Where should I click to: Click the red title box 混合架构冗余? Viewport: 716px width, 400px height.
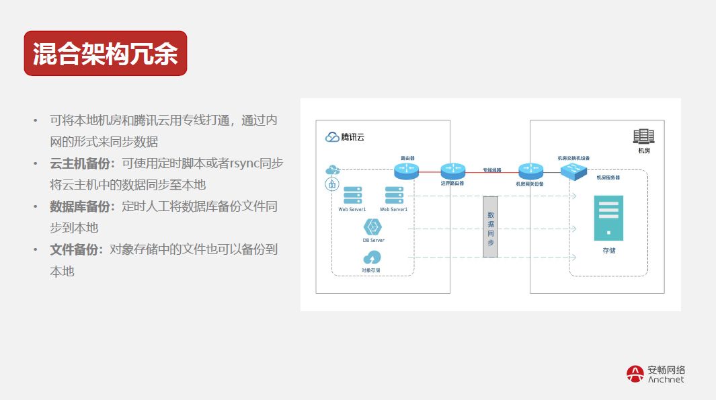click(x=106, y=54)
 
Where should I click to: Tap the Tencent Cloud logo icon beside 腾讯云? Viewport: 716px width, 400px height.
click(x=332, y=137)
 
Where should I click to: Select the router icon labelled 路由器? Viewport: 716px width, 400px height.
click(x=407, y=171)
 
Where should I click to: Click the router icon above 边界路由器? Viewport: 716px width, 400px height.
click(x=452, y=171)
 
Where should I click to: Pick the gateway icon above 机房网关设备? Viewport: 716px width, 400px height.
click(x=530, y=171)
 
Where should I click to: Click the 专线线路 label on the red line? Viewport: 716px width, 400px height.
click(x=491, y=170)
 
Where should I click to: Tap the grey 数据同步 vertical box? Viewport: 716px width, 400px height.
click(x=490, y=227)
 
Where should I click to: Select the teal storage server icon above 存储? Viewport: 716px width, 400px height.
click(x=608, y=218)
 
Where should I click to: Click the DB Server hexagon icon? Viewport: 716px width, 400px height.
click(x=373, y=227)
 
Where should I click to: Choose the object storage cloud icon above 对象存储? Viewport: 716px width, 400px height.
click(x=371, y=258)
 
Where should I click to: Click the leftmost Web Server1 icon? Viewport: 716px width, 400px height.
click(x=352, y=196)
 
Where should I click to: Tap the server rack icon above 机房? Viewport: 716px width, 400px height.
click(x=643, y=136)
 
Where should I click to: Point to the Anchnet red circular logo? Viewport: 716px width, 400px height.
click(x=635, y=374)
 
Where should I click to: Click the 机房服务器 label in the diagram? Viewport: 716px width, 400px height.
click(x=608, y=178)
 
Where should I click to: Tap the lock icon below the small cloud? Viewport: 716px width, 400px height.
click(x=331, y=184)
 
